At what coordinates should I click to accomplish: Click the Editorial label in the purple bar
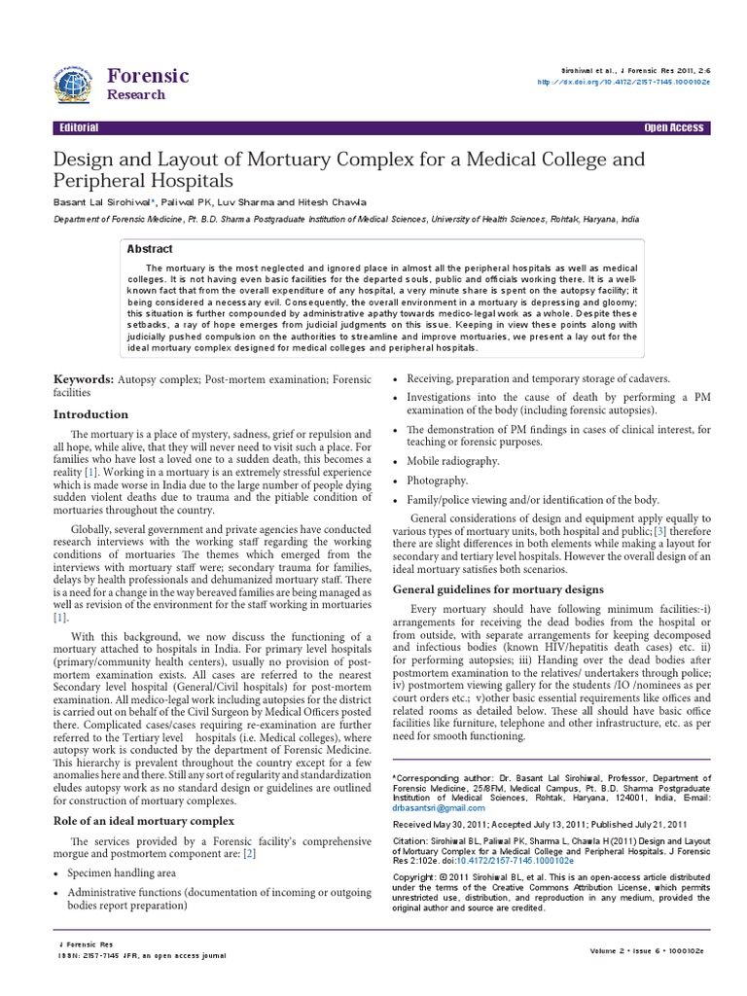point(78,128)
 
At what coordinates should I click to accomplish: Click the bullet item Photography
point(438,480)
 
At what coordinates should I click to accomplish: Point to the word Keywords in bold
point(83,377)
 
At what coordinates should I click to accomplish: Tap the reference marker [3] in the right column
point(631,533)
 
